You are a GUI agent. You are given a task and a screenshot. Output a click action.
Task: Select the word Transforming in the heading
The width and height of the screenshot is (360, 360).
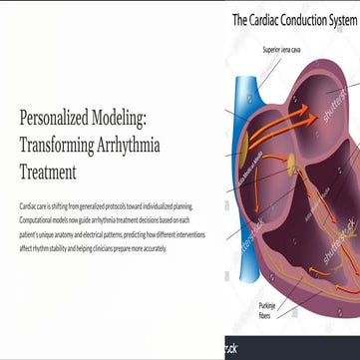coord(61,144)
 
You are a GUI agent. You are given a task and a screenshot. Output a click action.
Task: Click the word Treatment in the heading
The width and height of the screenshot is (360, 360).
coord(47,167)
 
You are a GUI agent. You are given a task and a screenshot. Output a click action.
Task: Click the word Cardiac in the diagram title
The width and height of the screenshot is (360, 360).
coord(269,19)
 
